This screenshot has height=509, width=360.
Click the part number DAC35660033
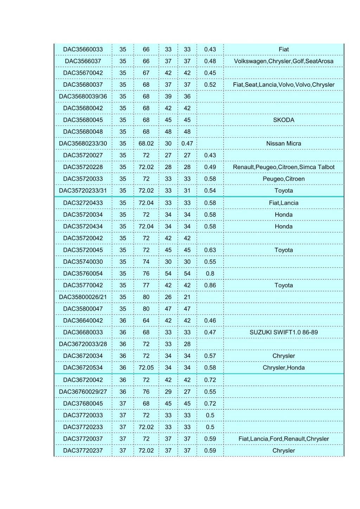click(x=83, y=50)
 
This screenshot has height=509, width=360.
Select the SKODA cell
click(x=283, y=120)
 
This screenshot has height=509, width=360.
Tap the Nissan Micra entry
click(x=283, y=143)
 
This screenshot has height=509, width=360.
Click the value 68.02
click(x=146, y=143)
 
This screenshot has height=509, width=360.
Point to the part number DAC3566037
click(x=83, y=61)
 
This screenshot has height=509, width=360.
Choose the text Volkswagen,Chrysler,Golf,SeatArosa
click(x=283, y=61)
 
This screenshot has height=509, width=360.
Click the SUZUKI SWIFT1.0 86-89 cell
click(x=283, y=332)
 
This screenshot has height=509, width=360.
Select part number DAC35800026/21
click(x=83, y=297)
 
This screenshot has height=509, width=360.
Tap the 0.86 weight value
click(x=210, y=285)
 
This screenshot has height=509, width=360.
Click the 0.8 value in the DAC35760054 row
click(x=210, y=273)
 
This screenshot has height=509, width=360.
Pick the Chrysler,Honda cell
click(x=283, y=368)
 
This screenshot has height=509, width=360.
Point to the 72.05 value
click(x=146, y=368)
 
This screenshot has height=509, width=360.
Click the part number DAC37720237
click(x=83, y=451)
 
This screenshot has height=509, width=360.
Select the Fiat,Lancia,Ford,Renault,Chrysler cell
click(x=283, y=439)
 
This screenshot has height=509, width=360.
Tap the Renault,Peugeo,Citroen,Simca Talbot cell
click(x=283, y=167)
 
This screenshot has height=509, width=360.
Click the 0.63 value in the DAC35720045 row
click(x=210, y=250)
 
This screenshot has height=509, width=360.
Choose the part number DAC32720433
click(x=83, y=203)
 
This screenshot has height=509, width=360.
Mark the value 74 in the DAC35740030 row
click(x=146, y=262)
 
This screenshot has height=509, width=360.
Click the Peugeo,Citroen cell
click(x=283, y=179)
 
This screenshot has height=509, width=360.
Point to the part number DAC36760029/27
click(x=83, y=392)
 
